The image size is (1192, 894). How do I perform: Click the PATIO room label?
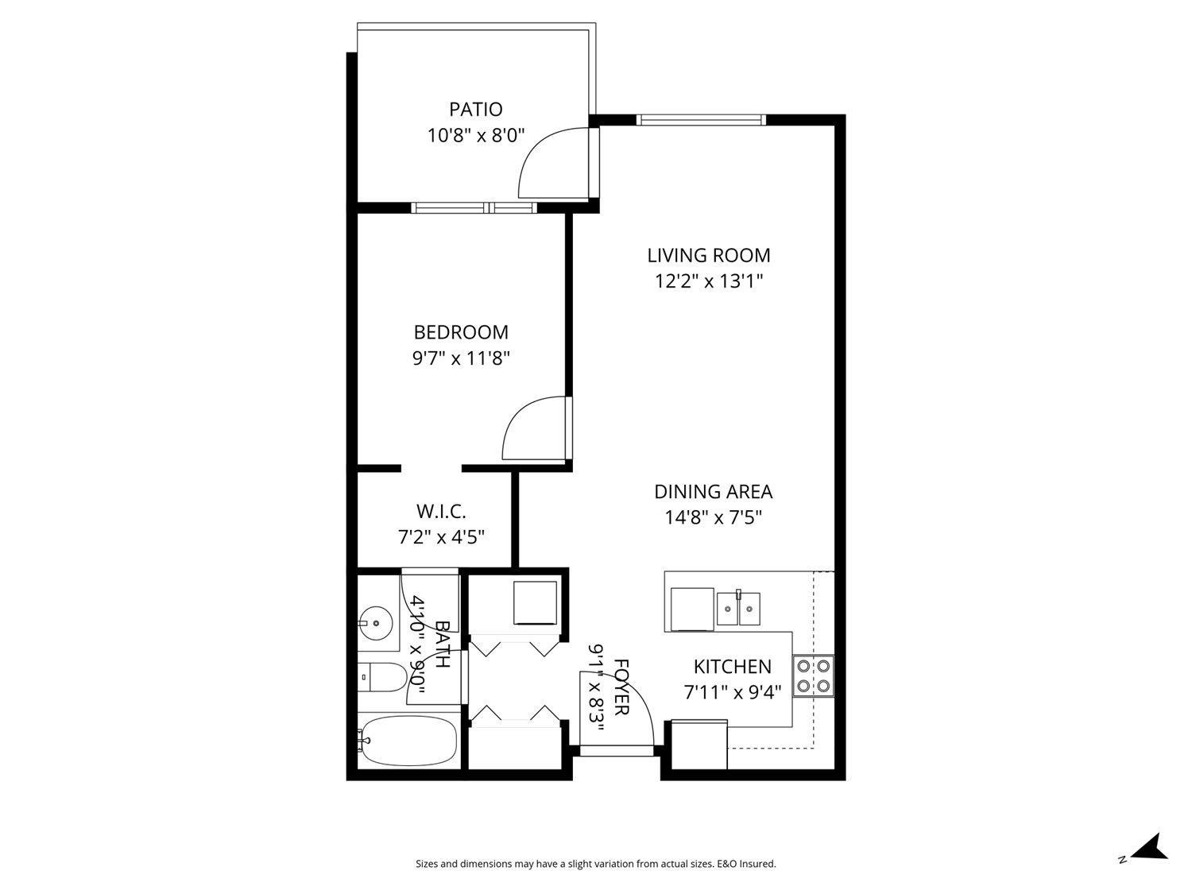click(x=475, y=109)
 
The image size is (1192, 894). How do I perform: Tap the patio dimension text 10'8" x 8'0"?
click(x=476, y=135)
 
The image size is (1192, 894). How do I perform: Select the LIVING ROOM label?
click(x=708, y=255)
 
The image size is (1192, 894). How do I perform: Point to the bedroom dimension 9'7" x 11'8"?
click(x=460, y=358)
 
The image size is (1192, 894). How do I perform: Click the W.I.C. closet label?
click(x=441, y=510)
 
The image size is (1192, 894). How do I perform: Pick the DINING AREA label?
click(x=713, y=492)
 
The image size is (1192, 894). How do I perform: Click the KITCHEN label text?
click(x=732, y=667)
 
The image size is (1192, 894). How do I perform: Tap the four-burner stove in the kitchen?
click(x=814, y=675)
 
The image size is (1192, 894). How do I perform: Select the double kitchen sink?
click(x=738, y=609)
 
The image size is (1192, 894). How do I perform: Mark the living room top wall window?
click(x=700, y=120)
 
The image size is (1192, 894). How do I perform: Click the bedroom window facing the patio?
click(x=474, y=208)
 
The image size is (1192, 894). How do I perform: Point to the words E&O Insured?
click(x=746, y=864)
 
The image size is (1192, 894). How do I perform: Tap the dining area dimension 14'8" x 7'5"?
click(x=713, y=518)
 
